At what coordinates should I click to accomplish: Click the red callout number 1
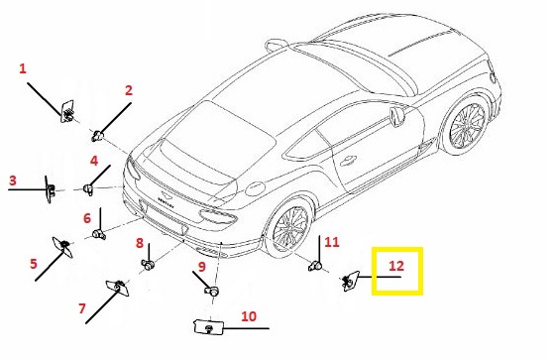pyautogui.click(x=23, y=68)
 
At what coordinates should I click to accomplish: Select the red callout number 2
pyautogui.click(x=129, y=90)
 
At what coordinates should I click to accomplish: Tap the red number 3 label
pyautogui.click(x=13, y=180)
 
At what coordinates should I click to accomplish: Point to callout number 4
pyautogui.click(x=94, y=161)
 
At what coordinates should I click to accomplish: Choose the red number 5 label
pyautogui.click(x=34, y=264)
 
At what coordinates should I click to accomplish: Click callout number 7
pyautogui.click(x=82, y=308)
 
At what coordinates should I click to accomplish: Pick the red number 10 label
pyautogui.click(x=249, y=316)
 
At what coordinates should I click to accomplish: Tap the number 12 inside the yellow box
pyautogui.click(x=396, y=266)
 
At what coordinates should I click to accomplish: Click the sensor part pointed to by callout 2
pyautogui.click(x=97, y=136)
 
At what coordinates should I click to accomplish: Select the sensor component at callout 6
pyautogui.click(x=99, y=234)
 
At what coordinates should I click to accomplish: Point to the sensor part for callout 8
pyautogui.click(x=149, y=264)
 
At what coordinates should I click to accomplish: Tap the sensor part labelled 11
pyautogui.click(x=315, y=266)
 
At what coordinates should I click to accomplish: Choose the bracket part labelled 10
pyautogui.click(x=209, y=327)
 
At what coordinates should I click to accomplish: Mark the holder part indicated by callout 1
pyautogui.click(x=67, y=111)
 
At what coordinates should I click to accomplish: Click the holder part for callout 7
pyautogui.click(x=119, y=288)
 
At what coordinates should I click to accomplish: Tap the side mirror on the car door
pyautogui.click(x=395, y=118)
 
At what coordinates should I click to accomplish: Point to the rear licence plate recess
pyautogui.click(x=164, y=218)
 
